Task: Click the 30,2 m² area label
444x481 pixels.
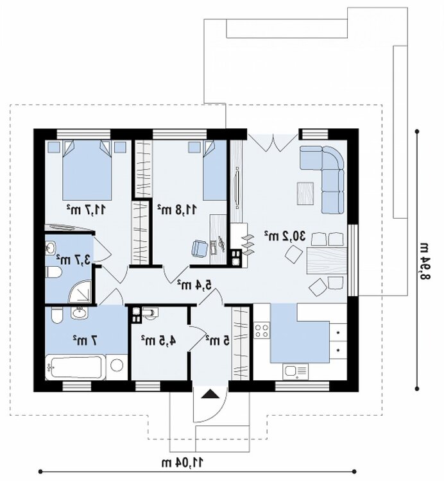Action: coord(286,236)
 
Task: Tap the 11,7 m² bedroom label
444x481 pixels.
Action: coord(86,210)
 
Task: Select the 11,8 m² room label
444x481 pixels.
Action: coord(177,210)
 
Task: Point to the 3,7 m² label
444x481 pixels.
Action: coord(73,260)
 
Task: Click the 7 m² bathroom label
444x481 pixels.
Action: coord(85,341)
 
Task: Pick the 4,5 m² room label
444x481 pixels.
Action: coord(158,340)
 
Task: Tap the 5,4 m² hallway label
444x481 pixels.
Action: coord(194,284)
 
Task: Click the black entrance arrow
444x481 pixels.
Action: coord(210,394)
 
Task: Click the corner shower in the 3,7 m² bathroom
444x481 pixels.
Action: coord(80,291)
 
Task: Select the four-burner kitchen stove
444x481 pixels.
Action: coord(262,330)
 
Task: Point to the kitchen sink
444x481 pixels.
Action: coord(296,371)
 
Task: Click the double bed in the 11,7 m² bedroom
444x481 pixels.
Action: coord(87,170)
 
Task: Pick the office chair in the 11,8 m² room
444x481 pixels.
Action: coord(200,248)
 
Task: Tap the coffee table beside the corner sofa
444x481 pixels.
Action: coord(305,193)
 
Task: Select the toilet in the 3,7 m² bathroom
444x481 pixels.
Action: coord(53,272)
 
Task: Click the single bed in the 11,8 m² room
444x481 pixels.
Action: coord(215,170)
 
